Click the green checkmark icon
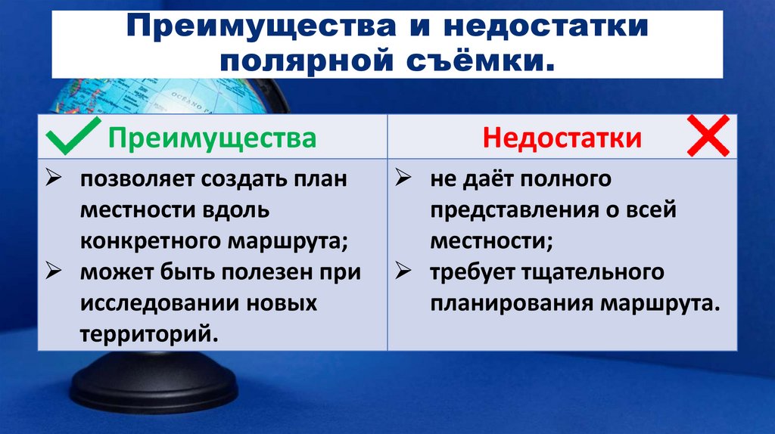pyautogui.click(x=74, y=136)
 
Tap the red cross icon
pyautogui.click(x=708, y=136)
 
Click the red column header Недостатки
pyautogui.click(x=562, y=138)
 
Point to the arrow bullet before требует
pyautogui.click(x=405, y=273)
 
